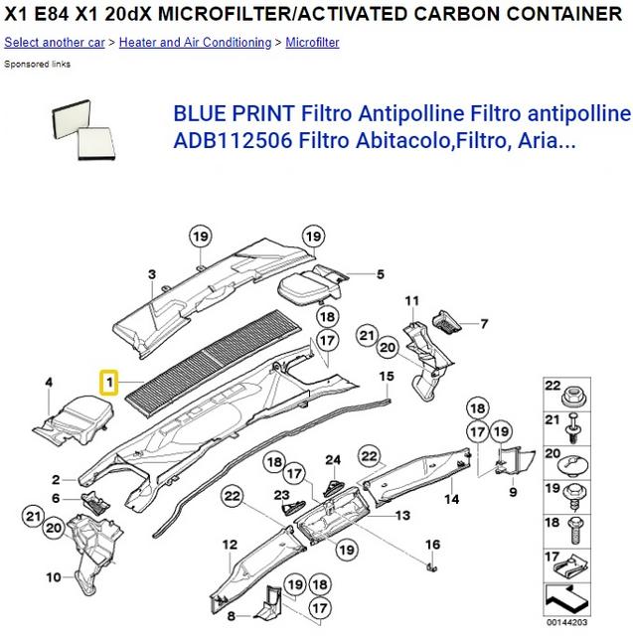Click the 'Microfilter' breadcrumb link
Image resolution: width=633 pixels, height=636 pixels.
click(312, 43)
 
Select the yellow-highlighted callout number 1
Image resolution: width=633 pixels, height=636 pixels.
click(108, 381)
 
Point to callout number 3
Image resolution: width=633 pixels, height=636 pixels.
click(152, 274)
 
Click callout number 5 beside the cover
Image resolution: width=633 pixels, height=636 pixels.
click(379, 273)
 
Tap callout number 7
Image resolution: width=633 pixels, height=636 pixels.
click(484, 323)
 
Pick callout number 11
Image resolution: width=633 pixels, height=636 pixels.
click(411, 299)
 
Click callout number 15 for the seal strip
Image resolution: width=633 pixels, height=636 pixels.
click(388, 376)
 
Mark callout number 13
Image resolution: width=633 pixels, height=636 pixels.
click(401, 516)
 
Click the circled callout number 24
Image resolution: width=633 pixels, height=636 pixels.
click(334, 459)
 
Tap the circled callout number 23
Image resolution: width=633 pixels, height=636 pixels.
click(281, 494)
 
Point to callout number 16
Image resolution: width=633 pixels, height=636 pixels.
click(432, 545)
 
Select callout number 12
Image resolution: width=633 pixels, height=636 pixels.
click(230, 545)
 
